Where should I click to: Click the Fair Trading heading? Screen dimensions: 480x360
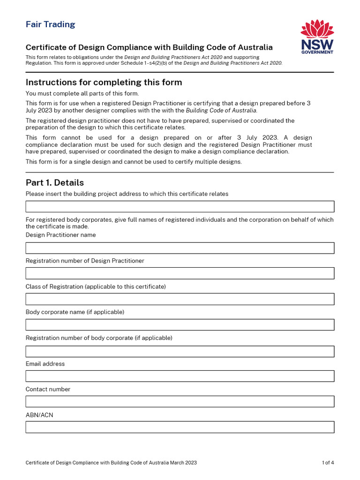[x=50, y=24]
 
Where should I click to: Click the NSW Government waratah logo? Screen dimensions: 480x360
[x=317, y=37]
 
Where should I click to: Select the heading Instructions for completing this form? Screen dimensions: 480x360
[x=104, y=82]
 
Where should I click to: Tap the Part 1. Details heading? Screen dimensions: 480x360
[x=55, y=182]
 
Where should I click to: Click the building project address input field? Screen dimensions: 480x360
[x=180, y=206]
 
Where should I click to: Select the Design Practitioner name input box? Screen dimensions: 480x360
[x=180, y=248]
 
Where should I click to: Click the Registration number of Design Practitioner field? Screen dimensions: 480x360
[x=180, y=273]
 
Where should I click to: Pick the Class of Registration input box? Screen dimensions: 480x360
[x=180, y=299]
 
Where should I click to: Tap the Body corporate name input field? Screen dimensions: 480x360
[x=180, y=325]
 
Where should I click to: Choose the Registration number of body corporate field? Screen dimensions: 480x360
[x=180, y=351]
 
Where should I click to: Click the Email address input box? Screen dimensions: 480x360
[x=180, y=376]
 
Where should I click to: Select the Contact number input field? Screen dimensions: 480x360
[x=180, y=401]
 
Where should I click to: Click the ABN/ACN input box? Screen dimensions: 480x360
[x=180, y=427]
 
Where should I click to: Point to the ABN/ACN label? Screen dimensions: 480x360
[x=39, y=415]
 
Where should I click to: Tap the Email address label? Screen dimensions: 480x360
[x=45, y=364]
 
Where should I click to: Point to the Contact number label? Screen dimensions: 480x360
[x=48, y=389]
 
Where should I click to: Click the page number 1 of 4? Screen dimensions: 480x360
[x=328, y=463]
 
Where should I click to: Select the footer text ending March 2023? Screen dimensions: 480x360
[x=111, y=463]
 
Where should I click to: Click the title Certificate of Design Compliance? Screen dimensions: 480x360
[x=149, y=47]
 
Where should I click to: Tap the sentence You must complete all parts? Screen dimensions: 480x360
[x=82, y=93]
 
